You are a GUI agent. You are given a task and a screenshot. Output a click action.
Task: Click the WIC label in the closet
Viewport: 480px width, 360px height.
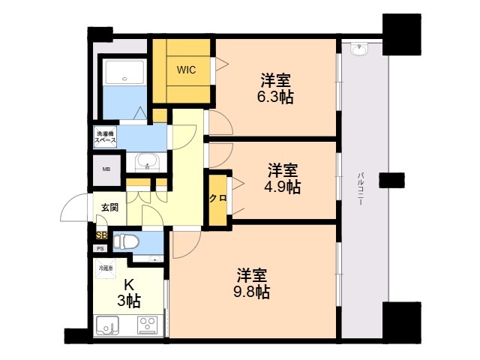pyautogui.click(x=186, y=70)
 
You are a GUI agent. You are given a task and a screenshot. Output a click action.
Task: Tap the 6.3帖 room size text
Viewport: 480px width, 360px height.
pyautogui.click(x=275, y=97)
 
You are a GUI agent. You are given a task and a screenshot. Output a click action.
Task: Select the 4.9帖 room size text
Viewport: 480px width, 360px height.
pyautogui.click(x=283, y=187)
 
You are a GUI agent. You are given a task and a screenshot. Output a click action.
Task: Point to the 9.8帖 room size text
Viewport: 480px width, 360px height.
pyautogui.click(x=252, y=292)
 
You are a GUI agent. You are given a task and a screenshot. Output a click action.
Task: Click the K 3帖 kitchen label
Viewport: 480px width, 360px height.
pyautogui.click(x=129, y=293)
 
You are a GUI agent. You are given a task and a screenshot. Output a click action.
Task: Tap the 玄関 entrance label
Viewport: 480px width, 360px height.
pyautogui.click(x=109, y=208)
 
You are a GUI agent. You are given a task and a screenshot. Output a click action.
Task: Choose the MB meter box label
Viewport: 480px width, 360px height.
pyautogui.click(x=106, y=169)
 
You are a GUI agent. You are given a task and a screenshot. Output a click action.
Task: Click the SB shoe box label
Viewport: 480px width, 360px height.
pyautogui.click(x=102, y=235)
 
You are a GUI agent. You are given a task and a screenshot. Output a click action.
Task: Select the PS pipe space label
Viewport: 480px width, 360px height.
pyautogui.click(x=100, y=249)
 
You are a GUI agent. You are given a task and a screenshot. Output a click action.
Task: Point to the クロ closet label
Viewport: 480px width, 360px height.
pyautogui.click(x=217, y=198)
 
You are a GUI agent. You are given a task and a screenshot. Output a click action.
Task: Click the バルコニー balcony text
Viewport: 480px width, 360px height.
pyautogui.click(x=361, y=189)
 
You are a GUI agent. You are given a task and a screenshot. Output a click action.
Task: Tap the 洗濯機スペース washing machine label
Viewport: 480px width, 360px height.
pyautogui.click(x=105, y=137)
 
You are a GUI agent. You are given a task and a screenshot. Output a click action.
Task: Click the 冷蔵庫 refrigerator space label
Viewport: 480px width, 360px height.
pyautogui.click(x=105, y=268)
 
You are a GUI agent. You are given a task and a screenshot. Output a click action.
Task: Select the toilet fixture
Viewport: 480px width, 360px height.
pyautogui.click(x=126, y=241)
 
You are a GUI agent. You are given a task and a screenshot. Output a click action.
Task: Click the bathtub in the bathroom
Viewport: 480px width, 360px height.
pyautogui.click(x=124, y=72)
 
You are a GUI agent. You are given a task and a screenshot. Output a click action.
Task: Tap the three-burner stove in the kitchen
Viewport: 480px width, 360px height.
pyautogui.click(x=148, y=325)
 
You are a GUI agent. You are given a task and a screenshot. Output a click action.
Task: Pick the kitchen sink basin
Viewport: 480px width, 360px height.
pyautogui.click(x=107, y=325)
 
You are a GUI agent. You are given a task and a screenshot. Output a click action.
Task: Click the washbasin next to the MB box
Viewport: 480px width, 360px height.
pyautogui.click(x=147, y=161)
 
